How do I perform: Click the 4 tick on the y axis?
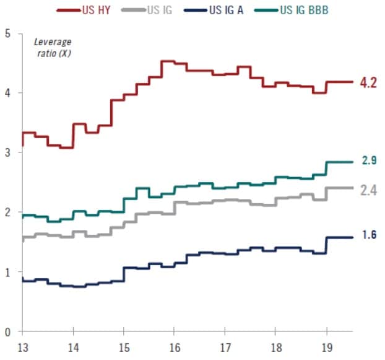pos(7,93)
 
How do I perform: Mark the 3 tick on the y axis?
pos(7,152)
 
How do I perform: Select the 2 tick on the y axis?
pos(7,213)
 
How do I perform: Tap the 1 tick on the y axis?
pos(7,272)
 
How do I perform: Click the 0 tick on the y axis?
pos(7,332)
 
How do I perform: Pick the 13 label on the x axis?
pos(22,347)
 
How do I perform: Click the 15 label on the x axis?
pos(123,347)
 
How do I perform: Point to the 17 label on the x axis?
pos(225,347)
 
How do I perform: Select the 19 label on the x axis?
pos(326,347)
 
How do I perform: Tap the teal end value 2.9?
pos(369,161)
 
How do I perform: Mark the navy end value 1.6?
pos(369,235)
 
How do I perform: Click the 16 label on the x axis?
pos(174,347)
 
